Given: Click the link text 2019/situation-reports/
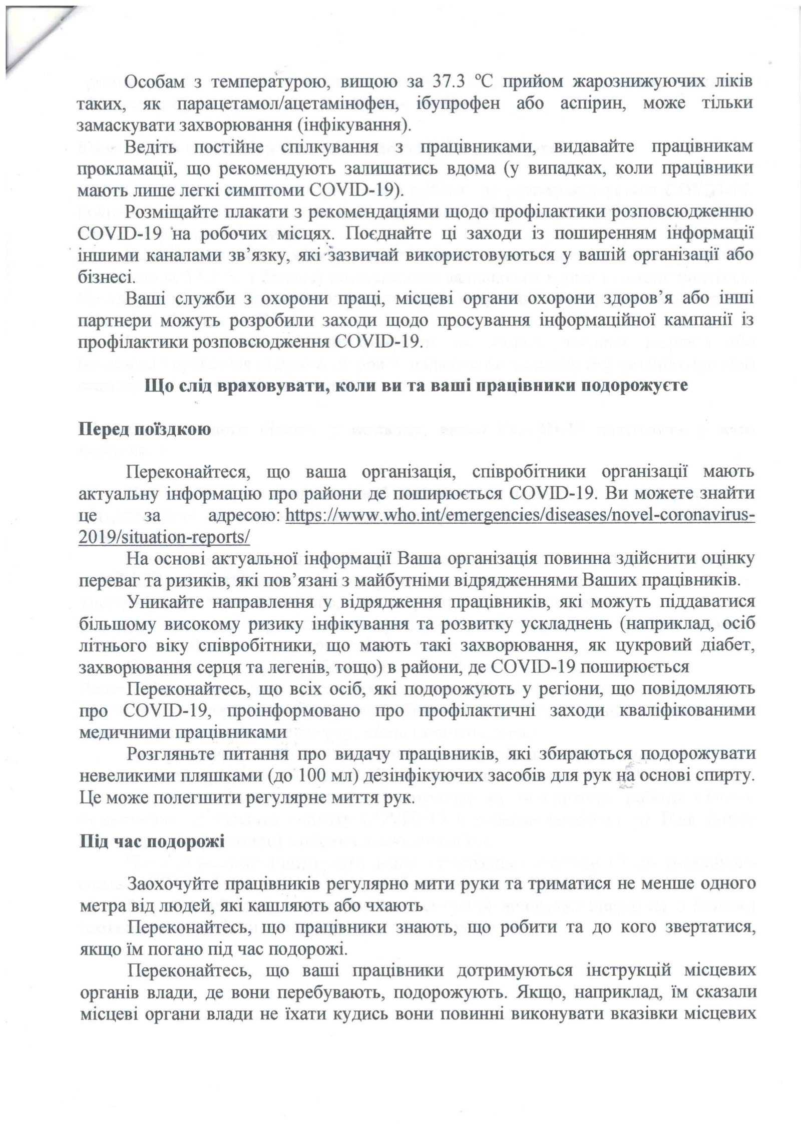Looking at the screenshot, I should [x=164, y=537].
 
